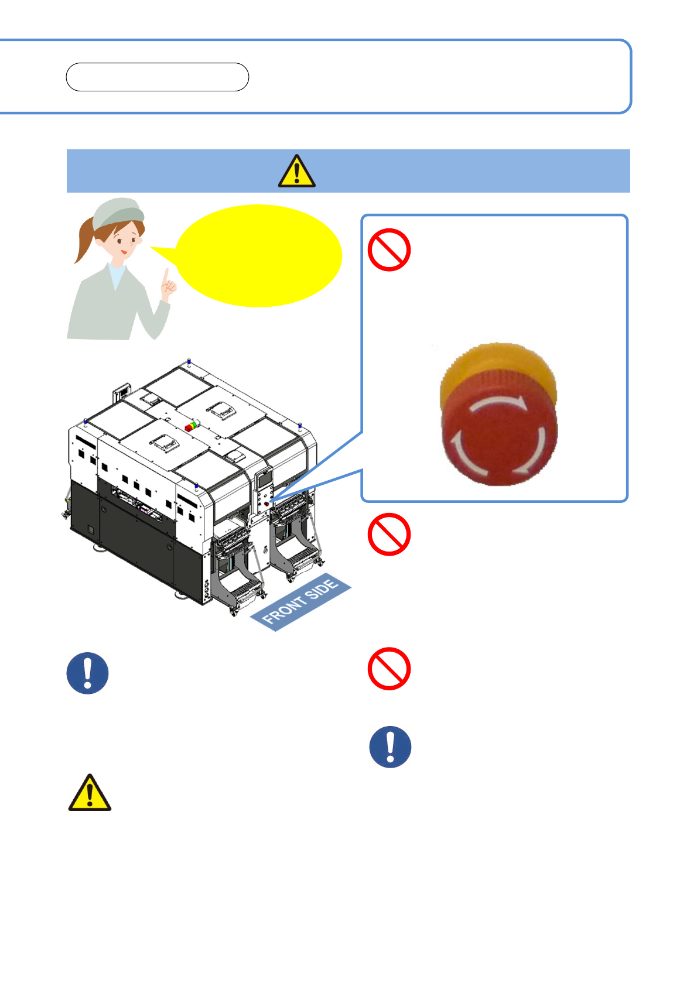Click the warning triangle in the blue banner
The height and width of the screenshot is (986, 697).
click(296, 171)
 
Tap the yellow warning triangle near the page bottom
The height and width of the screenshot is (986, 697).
click(90, 793)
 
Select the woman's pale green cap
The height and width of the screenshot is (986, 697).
click(118, 214)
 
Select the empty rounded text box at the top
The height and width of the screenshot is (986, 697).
click(157, 77)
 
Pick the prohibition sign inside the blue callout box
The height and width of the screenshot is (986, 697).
click(389, 249)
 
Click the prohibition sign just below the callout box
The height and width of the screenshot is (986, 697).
click(389, 535)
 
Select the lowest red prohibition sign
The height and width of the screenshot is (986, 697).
click(389, 669)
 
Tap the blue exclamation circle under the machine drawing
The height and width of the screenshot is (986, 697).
click(88, 673)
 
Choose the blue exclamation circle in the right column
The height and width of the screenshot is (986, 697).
click(390, 747)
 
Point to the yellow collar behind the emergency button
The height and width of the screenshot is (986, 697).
click(497, 365)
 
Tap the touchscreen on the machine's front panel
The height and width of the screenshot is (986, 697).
click(265, 480)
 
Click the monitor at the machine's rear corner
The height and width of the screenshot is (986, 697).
click(121, 391)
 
